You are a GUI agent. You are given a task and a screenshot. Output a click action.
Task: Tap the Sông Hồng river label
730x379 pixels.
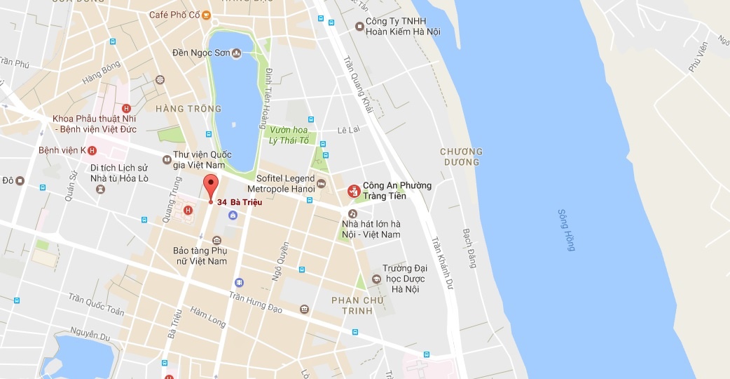coord(567,230)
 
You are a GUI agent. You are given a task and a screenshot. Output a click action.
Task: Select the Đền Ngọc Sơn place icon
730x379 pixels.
coord(236,53)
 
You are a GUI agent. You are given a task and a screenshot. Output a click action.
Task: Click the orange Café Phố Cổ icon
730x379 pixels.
coord(206,15)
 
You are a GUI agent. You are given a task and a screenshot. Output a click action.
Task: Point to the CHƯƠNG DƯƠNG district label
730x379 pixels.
coord(461,157)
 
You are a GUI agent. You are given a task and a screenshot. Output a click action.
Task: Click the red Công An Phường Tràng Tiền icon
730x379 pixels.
coord(354,190)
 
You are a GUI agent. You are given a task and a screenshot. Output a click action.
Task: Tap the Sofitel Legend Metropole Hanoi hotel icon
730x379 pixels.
coord(322,184)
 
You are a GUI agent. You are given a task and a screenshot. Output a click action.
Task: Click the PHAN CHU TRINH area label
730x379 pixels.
coord(357,305)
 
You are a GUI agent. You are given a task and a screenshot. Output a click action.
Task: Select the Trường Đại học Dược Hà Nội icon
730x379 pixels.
coord(376,279)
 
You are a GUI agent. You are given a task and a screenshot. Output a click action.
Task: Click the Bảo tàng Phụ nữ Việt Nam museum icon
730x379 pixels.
coord(217,241)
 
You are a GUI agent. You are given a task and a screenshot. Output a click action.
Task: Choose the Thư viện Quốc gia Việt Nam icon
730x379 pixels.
coord(166,160)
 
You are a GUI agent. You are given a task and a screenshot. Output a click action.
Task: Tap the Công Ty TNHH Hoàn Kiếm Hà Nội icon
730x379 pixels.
coord(359,27)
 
